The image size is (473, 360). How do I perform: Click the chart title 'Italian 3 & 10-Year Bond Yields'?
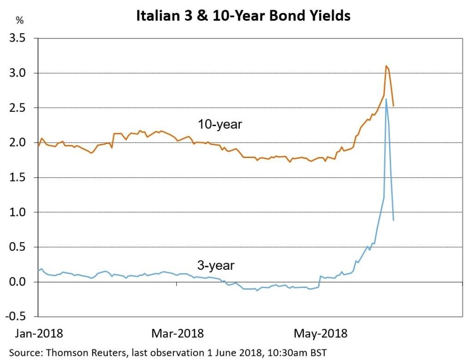(243, 15)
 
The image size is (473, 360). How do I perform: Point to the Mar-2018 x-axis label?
(177, 333)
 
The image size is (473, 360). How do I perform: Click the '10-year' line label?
(220, 124)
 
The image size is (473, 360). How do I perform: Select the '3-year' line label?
(216, 266)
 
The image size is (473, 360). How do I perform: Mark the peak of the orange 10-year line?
(386, 66)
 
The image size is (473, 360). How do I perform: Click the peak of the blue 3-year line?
(386, 99)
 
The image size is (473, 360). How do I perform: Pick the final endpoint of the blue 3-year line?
(393, 220)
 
